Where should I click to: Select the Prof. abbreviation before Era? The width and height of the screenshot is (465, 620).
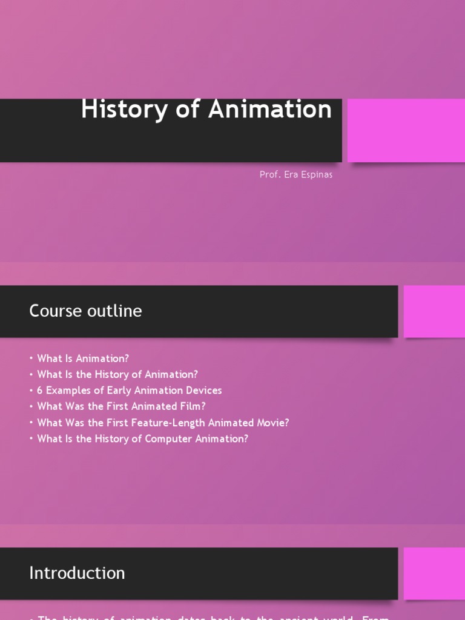(269, 174)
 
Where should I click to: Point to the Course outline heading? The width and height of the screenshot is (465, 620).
(85, 311)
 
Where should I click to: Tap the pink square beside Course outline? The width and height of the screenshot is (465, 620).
(434, 311)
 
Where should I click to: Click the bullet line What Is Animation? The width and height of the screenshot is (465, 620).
(83, 358)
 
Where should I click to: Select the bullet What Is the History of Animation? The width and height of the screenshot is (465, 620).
(117, 374)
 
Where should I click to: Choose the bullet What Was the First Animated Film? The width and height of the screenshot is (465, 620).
(121, 406)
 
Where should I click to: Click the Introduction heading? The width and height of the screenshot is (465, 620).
(77, 573)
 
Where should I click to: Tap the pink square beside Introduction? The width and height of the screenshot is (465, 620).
(434, 573)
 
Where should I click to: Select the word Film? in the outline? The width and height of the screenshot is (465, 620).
(193, 406)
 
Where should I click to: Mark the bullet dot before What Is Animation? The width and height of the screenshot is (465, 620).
(31, 358)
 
